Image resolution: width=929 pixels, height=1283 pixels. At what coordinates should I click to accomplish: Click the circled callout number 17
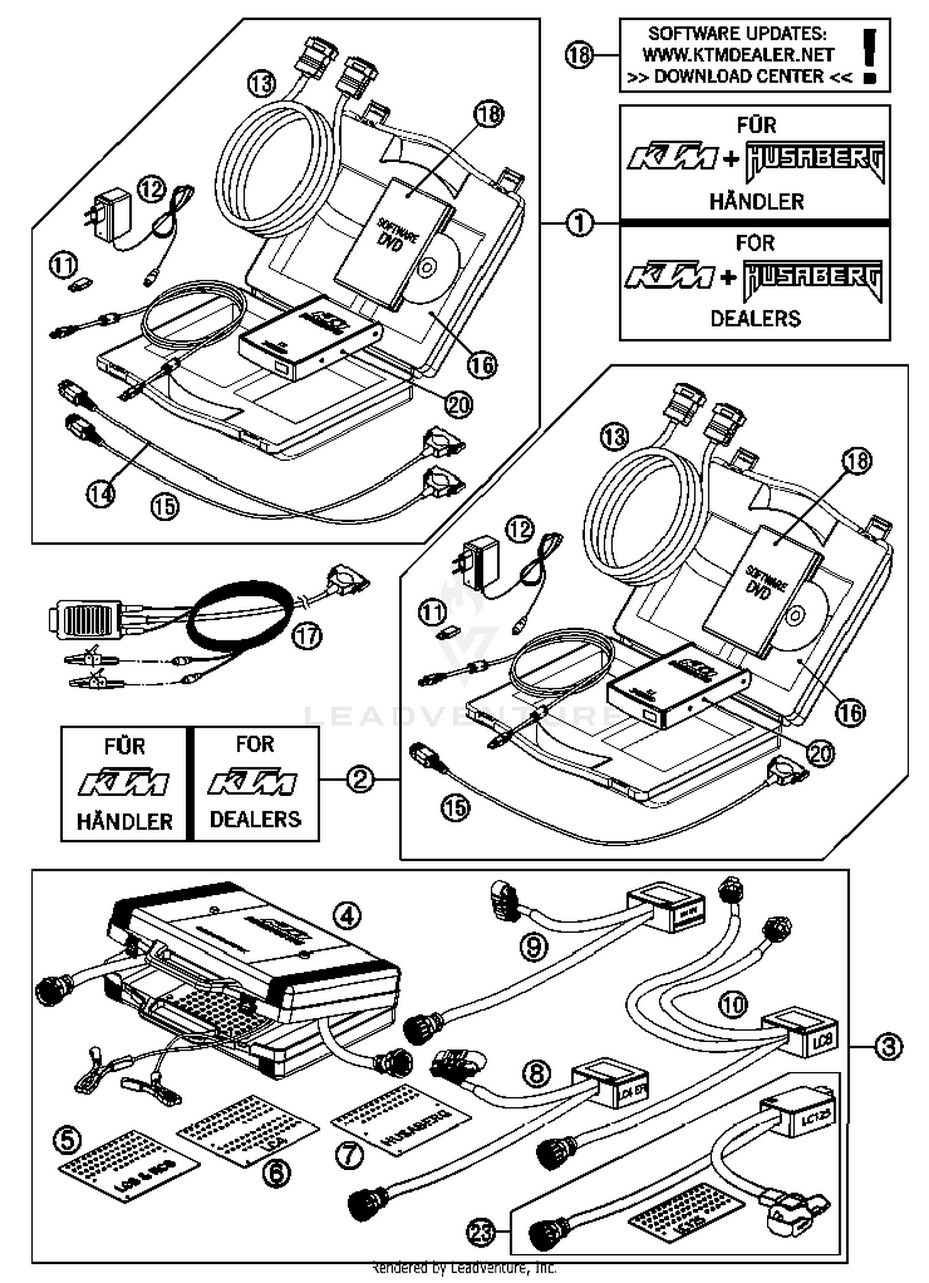pos(308,635)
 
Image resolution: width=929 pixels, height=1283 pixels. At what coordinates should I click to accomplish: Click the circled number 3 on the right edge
pos(888,1046)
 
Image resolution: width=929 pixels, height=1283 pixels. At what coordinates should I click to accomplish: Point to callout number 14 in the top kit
pos(100,494)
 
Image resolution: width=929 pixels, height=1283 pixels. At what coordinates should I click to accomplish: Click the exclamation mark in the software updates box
pos(870,56)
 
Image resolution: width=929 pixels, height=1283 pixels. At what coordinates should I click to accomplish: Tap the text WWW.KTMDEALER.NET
pos(738,54)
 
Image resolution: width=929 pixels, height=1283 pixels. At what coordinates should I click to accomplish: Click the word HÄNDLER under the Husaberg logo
pos(756,202)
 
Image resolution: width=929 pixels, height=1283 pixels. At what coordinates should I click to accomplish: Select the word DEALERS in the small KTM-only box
pos(255,819)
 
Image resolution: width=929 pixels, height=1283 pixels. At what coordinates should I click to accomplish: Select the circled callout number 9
pos(534,947)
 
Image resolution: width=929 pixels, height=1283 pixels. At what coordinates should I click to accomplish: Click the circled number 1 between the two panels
pos(580,223)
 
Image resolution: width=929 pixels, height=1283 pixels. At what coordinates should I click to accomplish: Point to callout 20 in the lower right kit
pos(821,753)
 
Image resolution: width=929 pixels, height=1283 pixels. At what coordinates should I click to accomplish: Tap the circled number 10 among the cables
pos(733,1003)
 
